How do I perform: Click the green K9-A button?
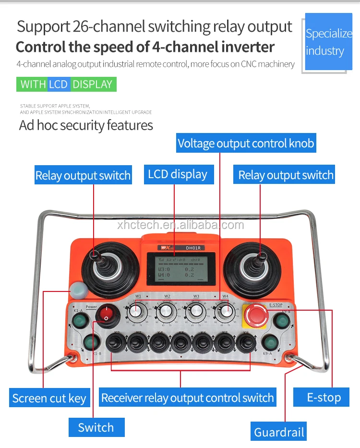(x=271, y=343)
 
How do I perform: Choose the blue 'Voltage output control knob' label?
(x=246, y=143)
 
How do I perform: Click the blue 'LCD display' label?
(x=178, y=174)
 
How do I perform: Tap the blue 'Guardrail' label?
(x=279, y=432)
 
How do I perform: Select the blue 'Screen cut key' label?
(x=49, y=398)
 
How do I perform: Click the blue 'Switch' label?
(x=96, y=427)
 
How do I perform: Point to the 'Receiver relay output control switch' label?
(x=187, y=398)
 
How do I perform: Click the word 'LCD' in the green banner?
(x=58, y=85)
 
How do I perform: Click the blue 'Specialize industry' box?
(x=328, y=42)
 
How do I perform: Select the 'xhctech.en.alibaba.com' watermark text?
(x=180, y=225)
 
